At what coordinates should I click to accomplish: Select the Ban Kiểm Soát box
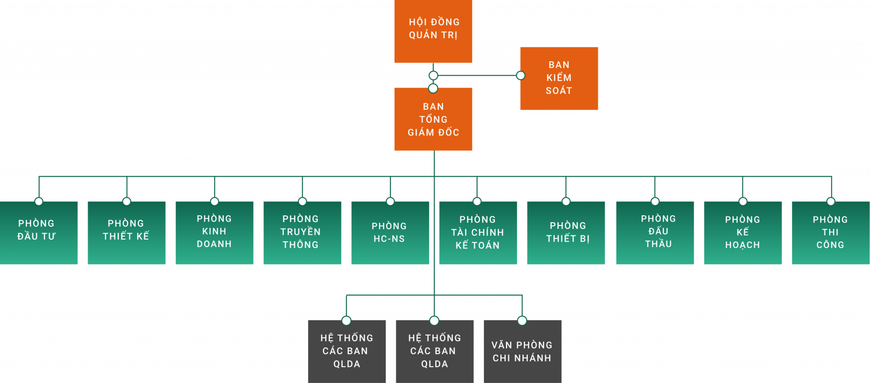pyautogui.click(x=559, y=78)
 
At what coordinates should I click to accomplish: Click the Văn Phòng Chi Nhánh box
pyautogui.click(x=523, y=352)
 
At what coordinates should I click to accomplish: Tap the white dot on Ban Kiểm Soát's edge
pyautogui.click(x=520, y=76)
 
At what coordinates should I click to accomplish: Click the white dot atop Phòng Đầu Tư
pyautogui.click(x=39, y=201)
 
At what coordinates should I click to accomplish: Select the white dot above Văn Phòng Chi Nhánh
pyautogui.click(x=522, y=321)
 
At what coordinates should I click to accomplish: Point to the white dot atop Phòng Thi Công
pyautogui.click(x=831, y=201)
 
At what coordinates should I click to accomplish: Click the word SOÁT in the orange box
pyautogui.click(x=559, y=91)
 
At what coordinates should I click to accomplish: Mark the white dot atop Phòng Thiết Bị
pyautogui.click(x=566, y=201)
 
